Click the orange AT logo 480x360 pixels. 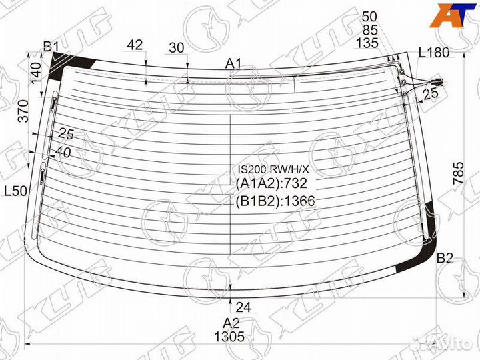click(453, 15)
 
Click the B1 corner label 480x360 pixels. click(51, 47)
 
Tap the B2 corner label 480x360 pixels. click(444, 259)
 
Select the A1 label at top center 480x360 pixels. click(233, 64)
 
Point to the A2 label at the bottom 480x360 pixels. click(231, 323)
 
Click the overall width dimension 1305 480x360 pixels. click(229, 337)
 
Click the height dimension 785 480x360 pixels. click(459, 173)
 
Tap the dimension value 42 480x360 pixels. click(135, 45)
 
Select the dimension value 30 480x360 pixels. click(177, 48)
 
